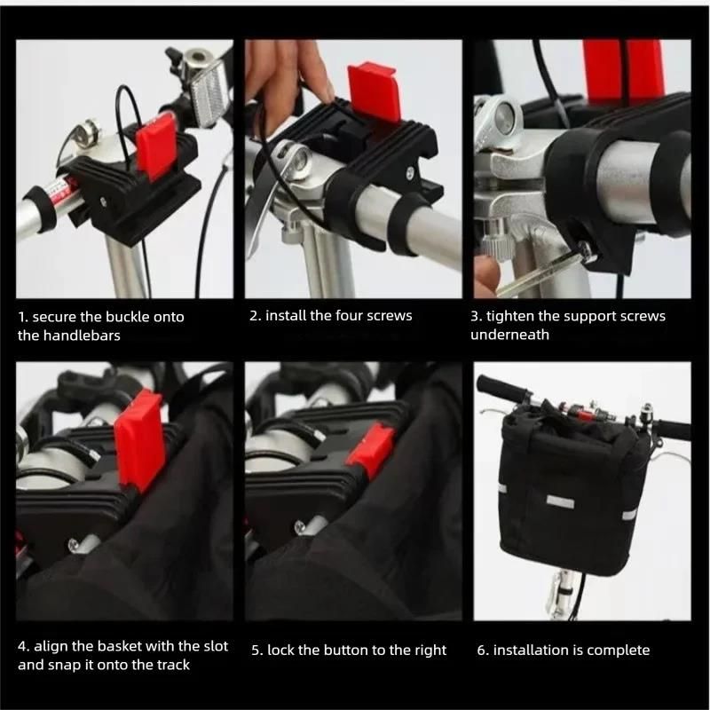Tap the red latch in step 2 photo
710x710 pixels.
[373, 93]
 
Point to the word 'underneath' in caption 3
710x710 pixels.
[509, 335]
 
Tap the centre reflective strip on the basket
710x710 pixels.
[560, 501]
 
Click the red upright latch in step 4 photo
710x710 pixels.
[139, 439]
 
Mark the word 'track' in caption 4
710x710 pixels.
[173, 665]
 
